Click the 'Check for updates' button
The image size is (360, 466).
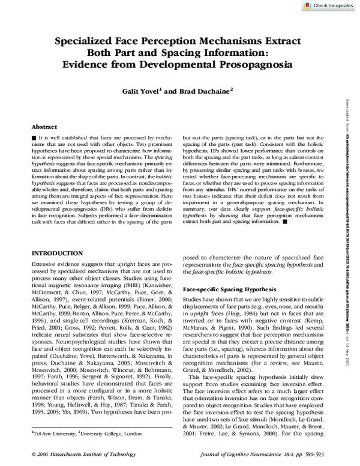pyautogui.click(x=328, y=5)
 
